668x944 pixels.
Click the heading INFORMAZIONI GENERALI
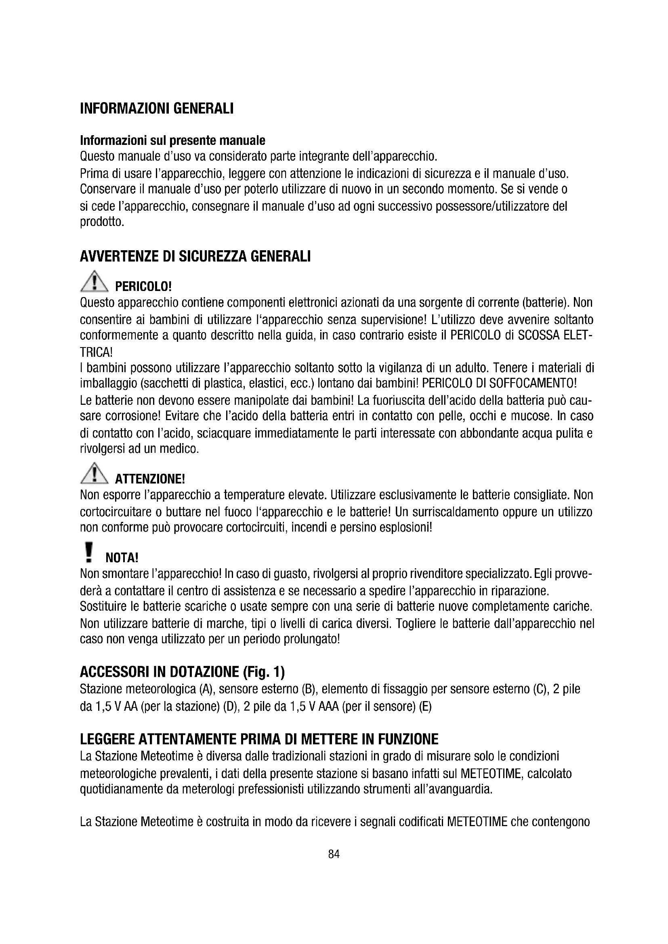tap(157, 109)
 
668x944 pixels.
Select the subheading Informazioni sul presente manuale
tap(172, 140)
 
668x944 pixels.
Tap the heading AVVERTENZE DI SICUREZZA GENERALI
tap(195, 257)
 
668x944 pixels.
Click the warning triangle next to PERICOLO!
tap(95, 282)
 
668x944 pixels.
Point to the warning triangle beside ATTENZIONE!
tap(95, 474)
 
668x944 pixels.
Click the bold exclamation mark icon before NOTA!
tap(88, 552)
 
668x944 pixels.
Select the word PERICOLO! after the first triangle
tap(143, 286)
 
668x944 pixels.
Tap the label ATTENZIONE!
tap(150, 479)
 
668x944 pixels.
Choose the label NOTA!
tap(122, 558)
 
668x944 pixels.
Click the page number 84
tap(334, 854)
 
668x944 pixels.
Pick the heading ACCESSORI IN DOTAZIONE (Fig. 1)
tap(182, 672)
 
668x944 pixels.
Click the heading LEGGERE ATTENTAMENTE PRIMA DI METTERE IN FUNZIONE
tap(259, 740)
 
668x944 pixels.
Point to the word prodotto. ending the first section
tap(102, 222)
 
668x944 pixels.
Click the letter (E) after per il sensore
tap(425, 707)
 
